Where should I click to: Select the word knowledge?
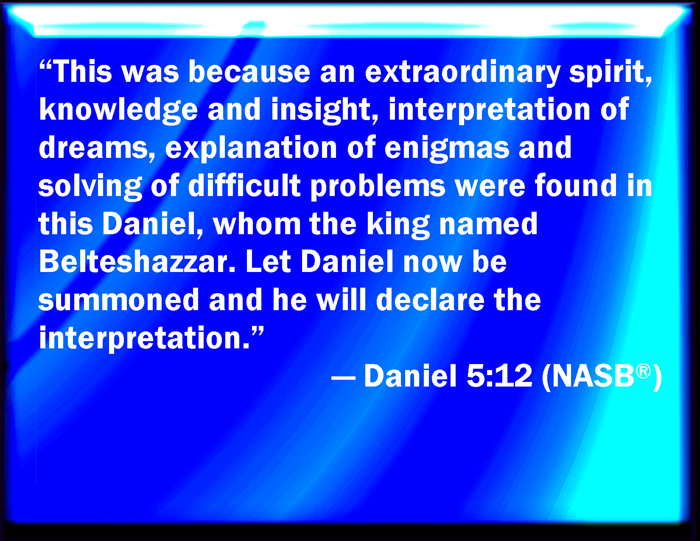[118, 111]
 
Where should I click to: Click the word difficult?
[244, 185]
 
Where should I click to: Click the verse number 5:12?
[499, 376]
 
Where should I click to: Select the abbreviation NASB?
[594, 376]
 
